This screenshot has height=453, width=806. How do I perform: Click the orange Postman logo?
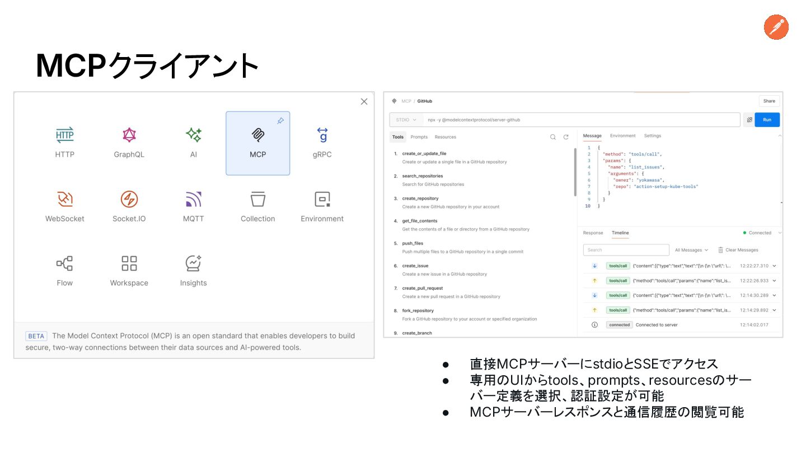click(776, 27)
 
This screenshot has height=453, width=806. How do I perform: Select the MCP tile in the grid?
click(257, 143)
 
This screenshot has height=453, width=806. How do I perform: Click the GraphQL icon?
click(129, 135)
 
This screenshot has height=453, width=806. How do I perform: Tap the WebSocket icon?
click(65, 199)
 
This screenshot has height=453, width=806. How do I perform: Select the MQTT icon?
click(194, 199)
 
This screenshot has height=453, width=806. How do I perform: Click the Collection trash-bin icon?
click(257, 199)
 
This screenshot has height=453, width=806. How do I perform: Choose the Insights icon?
click(194, 263)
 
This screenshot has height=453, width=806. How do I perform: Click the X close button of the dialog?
click(364, 101)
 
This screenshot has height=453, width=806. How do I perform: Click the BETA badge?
click(36, 336)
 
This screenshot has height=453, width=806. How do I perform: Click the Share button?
click(769, 101)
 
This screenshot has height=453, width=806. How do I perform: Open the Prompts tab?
click(419, 137)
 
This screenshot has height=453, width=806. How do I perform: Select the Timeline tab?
click(620, 233)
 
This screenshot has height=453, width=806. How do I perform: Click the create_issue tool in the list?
click(415, 266)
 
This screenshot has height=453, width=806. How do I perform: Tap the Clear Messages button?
click(738, 250)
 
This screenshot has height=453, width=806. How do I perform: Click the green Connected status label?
click(759, 233)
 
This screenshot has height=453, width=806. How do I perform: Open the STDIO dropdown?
click(406, 120)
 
